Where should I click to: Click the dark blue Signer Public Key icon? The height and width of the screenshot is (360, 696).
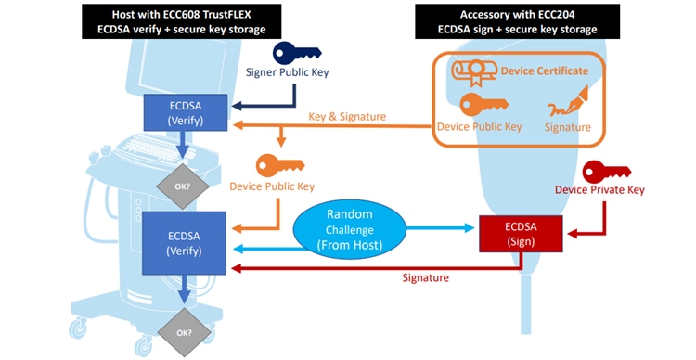point(297,53)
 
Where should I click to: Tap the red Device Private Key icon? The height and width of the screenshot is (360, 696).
point(606,173)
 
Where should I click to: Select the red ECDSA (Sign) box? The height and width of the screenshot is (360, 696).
point(521,234)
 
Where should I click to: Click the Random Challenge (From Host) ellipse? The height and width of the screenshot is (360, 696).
point(349,229)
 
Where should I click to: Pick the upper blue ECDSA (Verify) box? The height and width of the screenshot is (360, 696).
point(186,113)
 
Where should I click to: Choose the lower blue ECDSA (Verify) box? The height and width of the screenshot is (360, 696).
point(185,243)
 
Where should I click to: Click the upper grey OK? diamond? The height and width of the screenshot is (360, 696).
point(183,186)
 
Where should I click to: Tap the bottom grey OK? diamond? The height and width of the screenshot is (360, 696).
point(185,333)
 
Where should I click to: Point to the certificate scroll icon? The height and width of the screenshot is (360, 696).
point(473,72)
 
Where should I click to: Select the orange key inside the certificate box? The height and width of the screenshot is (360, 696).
point(483,104)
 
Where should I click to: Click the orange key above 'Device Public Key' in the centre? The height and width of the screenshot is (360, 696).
point(280,165)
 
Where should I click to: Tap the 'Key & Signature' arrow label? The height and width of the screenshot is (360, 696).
point(347,117)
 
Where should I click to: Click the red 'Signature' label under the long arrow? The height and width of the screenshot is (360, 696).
point(426,277)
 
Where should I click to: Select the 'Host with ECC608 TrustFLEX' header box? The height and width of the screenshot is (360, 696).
point(182,21)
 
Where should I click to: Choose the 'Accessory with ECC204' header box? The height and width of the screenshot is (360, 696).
point(517,21)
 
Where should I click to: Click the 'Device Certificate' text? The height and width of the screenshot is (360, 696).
point(545,71)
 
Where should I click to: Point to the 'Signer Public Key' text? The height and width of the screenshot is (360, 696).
point(287,72)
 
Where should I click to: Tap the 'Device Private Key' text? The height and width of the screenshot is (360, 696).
point(599,190)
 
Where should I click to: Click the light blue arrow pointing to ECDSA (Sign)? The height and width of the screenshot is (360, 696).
point(440,228)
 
